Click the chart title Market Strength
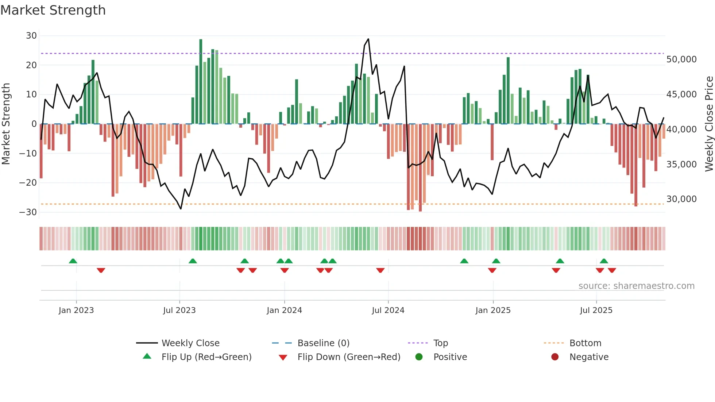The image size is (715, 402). pos(53,10)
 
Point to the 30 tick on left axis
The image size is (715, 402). pos(31,36)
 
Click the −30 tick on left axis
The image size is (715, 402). pos(28,212)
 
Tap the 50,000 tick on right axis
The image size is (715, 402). pos(681,59)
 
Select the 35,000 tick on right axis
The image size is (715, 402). pos(681,165)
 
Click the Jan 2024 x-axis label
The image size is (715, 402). pos(284,310)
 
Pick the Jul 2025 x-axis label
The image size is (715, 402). pos(596,310)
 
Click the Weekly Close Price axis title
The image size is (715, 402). pos(709,124)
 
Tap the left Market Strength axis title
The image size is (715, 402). pos(6,124)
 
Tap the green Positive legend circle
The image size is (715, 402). pos(419,357)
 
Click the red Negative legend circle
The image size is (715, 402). pos(555,357)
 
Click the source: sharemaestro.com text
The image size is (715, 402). pos(636,286)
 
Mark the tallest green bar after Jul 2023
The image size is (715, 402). pos(201,81)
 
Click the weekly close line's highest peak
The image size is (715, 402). pos(368,39)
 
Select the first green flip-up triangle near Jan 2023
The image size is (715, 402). pos(73,261)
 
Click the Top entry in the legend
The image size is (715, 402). pos(440,343)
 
